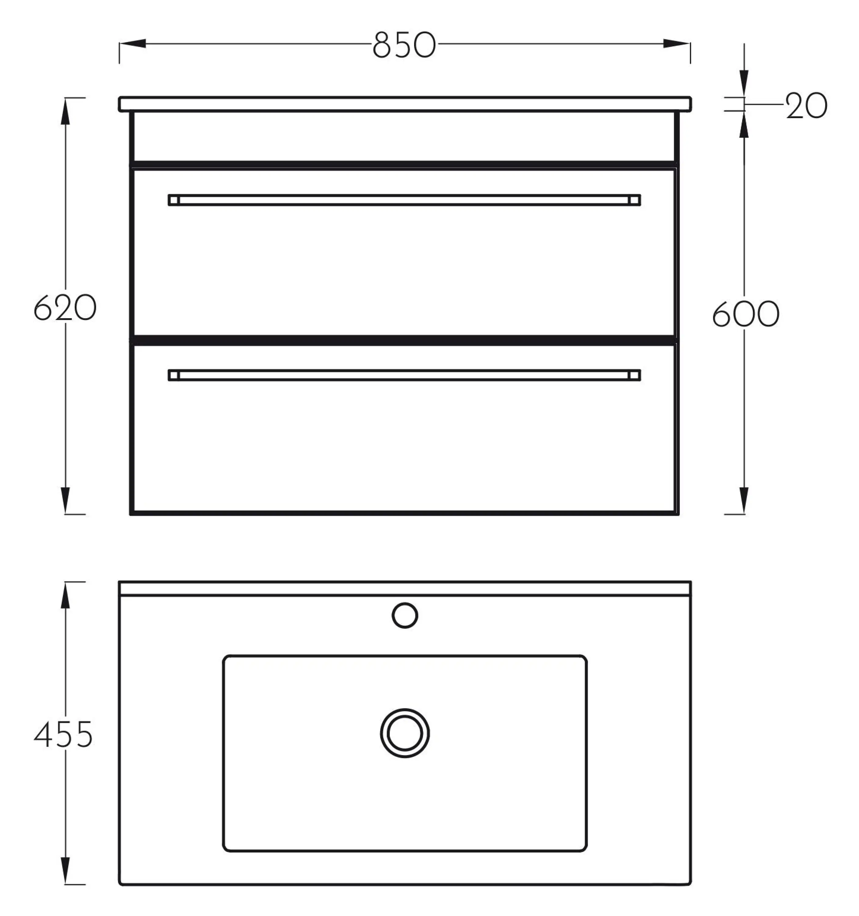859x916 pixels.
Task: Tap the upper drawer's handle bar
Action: click(x=404, y=200)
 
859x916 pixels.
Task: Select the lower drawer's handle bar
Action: click(x=404, y=375)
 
